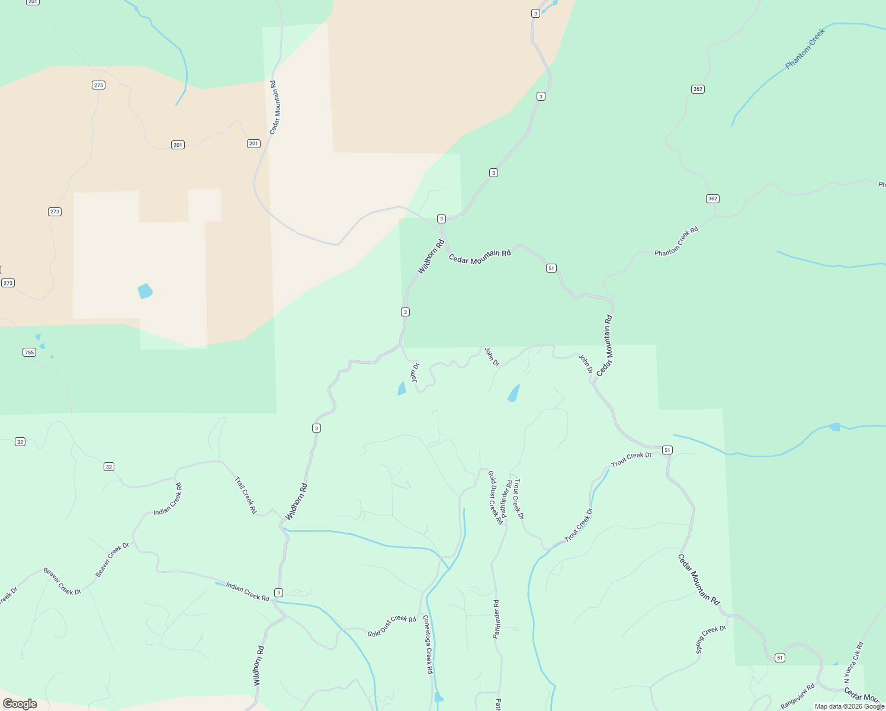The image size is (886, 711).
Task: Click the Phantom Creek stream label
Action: tap(805, 49)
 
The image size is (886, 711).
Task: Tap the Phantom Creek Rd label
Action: tap(676, 242)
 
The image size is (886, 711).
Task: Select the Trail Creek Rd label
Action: tap(246, 495)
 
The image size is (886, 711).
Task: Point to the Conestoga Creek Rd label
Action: tap(428, 644)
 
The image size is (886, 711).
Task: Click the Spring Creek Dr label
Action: tap(711, 639)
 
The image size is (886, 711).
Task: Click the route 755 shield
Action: tap(29, 353)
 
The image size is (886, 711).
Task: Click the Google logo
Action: tap(20, 704)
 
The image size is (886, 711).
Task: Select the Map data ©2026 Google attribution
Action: tap(849, 706)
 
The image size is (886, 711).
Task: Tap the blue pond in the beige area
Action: tap(145, 291)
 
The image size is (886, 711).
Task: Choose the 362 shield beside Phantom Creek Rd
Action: tap(712, 198)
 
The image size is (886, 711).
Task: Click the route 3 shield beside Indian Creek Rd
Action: tap(278, 592)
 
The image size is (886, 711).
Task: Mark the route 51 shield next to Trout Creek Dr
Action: tap(667, 450)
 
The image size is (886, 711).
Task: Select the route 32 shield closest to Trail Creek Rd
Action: tap(108, 467)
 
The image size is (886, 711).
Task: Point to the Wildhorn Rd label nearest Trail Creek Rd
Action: tap(297, 501)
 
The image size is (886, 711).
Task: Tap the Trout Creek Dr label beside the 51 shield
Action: tap(631, 459)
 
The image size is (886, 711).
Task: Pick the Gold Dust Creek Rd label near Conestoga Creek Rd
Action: tap(391, 626)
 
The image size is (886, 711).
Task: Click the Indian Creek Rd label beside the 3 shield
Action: tap(248, 591)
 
